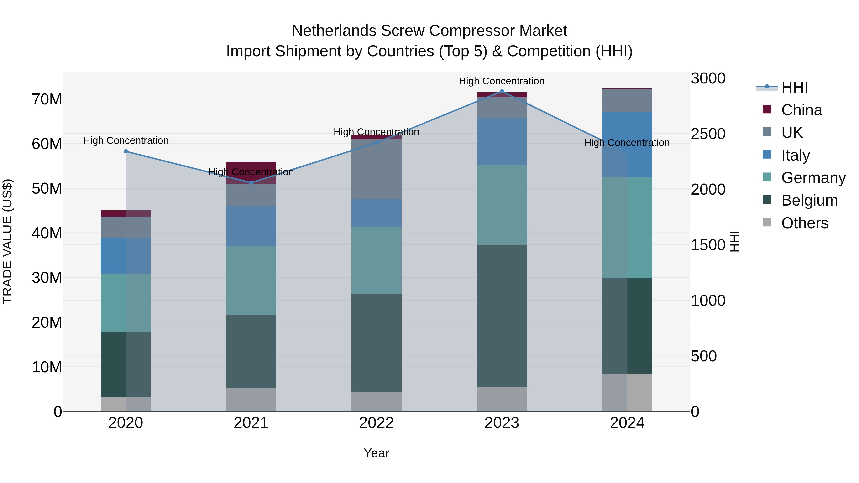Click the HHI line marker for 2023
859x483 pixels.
click(502, 91)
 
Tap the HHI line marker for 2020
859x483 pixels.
click(126, 151)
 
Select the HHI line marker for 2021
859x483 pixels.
click(251, 183)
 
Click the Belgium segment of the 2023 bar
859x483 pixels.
click(502, 316)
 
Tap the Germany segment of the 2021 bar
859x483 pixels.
click(251, 280)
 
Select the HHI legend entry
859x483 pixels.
click(794, 87)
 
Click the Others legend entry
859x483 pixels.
click(804, 223)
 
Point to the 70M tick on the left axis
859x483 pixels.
click(47, 99)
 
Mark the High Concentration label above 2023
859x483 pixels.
click(502, 81)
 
